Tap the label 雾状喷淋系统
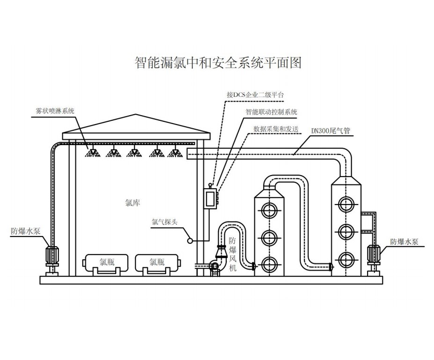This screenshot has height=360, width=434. pos(55,110)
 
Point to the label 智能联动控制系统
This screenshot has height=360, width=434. pos(271,112)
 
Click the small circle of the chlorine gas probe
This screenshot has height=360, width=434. pos(191,241)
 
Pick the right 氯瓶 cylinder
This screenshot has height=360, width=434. pos(157,263)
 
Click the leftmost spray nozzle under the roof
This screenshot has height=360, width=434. pos(92,152)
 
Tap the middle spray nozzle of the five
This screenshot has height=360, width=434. pos(134,152)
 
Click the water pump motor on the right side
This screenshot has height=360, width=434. pos(375,254)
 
